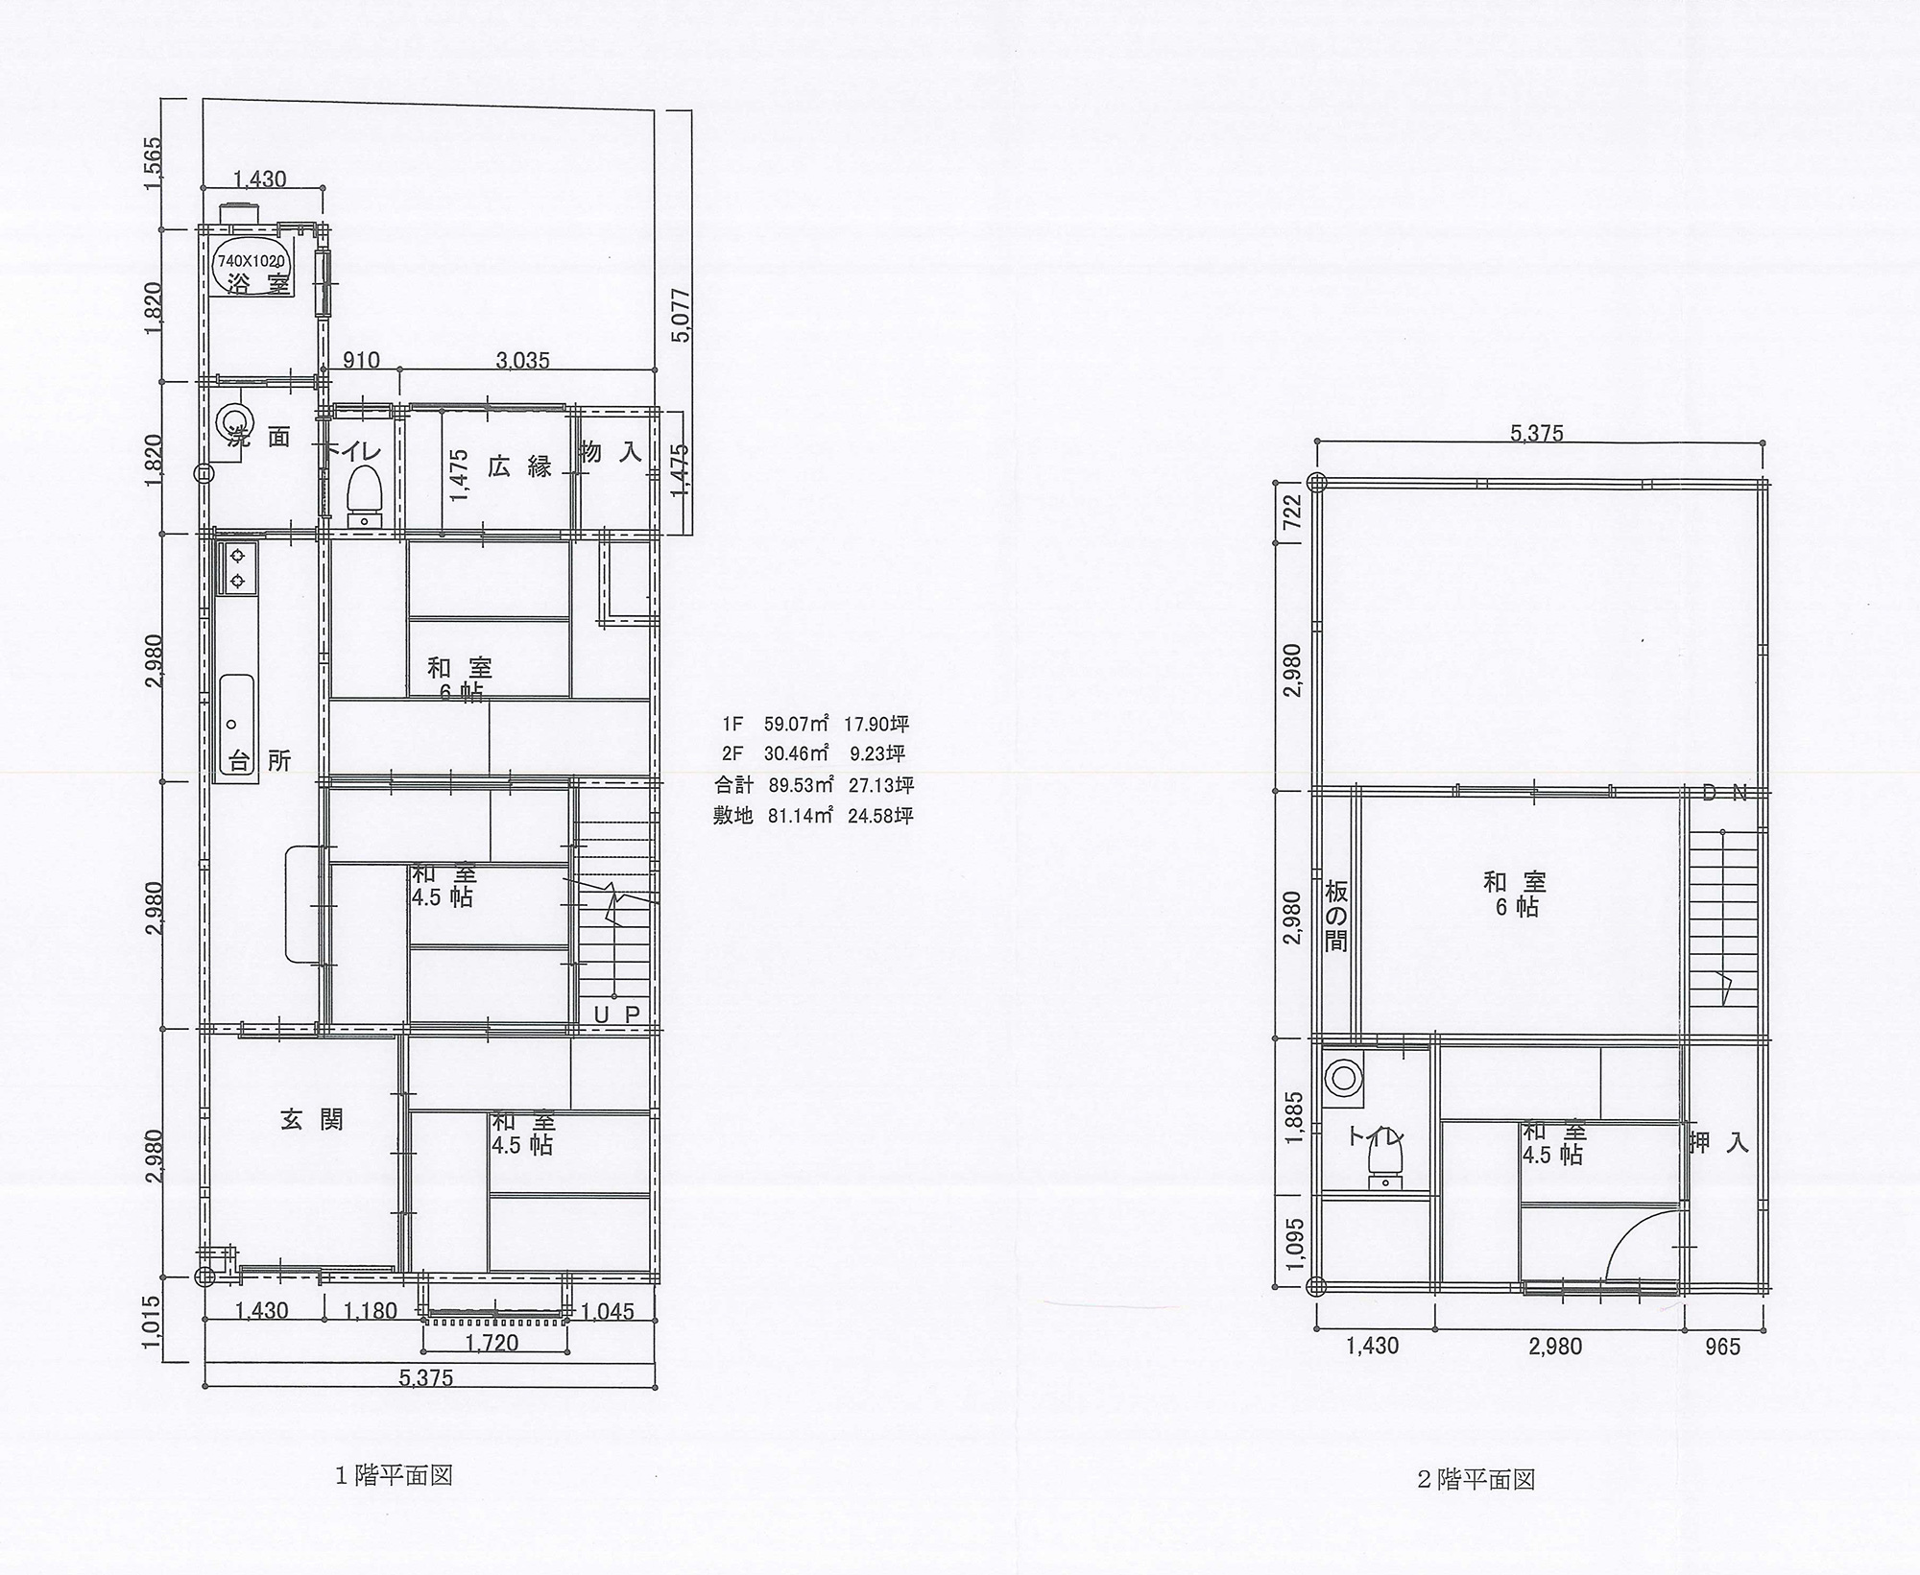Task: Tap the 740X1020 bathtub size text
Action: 252,261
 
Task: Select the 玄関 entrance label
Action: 312,1120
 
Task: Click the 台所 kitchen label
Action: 260,761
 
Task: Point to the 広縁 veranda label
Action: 520,467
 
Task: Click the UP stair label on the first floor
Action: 616,1014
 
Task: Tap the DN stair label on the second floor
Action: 1724,793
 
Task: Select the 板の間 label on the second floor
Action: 1335,916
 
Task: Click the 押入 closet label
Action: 1718,1143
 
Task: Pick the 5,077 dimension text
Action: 683,316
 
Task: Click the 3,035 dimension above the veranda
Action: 522,361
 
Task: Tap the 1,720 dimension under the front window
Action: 492,1343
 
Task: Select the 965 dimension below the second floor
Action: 1722,1348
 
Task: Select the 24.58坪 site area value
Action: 880,816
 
